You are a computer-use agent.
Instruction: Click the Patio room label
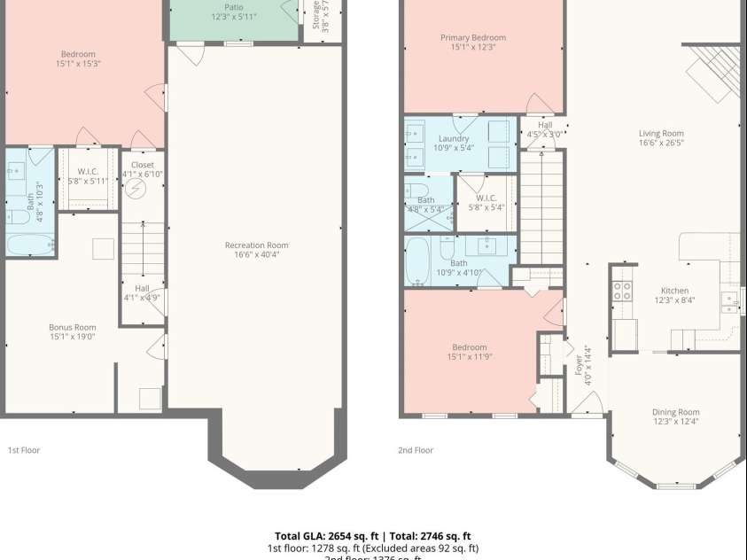233,7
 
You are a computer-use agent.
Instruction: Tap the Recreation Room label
256,245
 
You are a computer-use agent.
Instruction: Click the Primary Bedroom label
473,37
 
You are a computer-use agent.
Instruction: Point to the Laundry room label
453,139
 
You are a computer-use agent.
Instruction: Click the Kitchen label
674,291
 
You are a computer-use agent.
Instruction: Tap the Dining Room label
675,412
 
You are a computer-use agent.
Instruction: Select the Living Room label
661,134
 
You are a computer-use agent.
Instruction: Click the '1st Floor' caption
24,450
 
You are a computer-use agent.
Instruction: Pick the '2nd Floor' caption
416,450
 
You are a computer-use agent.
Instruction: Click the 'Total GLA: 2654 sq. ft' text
326,536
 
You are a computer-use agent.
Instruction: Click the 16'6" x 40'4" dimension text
256,255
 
